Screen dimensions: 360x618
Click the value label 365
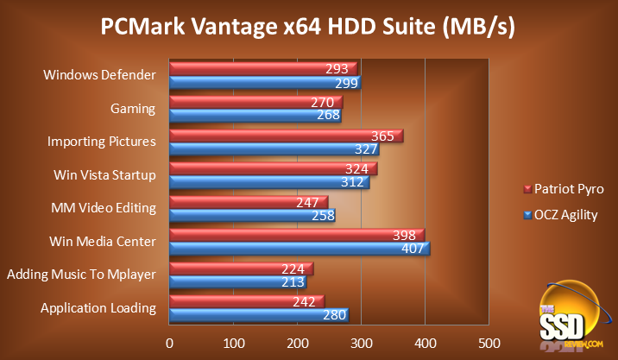tap(382, 136)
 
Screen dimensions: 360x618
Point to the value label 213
tap(293, 281)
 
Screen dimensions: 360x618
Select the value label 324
tap(356, 168)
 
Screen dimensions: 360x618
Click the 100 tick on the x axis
tap(234, 342)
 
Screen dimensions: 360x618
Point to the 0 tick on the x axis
tap(170, 342)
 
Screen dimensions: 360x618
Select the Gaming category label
tap(133, 109)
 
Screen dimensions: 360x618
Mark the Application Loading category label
tap(98, 308)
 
